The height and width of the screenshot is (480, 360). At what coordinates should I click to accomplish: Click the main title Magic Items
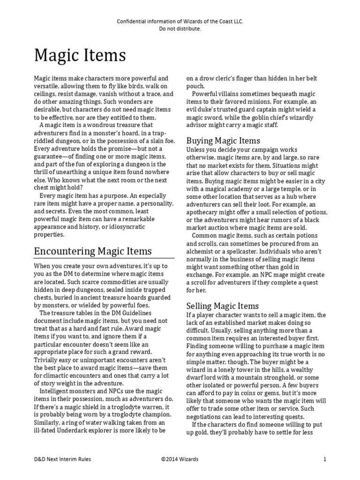[80, 56]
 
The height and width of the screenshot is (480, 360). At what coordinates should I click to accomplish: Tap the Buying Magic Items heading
[223, 141]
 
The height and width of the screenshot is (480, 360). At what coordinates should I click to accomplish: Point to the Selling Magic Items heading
[222, 306]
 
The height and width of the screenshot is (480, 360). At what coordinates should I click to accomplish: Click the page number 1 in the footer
[324, 459]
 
